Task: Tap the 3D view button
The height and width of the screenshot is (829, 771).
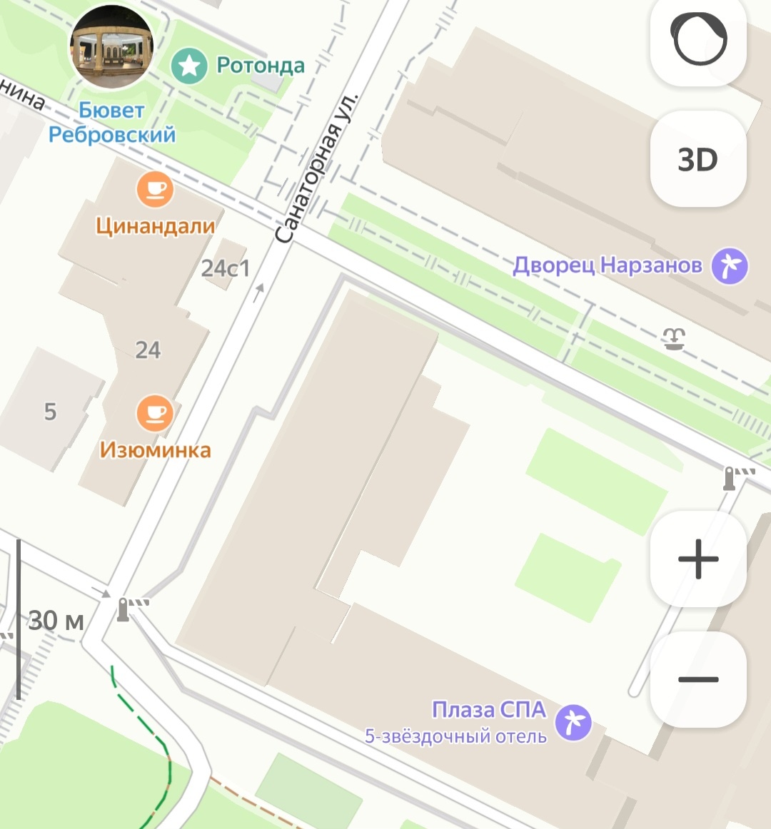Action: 697,159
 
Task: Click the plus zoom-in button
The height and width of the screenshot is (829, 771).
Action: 697,558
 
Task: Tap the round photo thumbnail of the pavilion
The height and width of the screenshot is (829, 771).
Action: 111,47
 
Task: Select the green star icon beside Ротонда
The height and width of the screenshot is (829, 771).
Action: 189,67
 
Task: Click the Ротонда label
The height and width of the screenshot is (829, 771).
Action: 261,66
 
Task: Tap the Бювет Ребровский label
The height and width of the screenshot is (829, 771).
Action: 112,123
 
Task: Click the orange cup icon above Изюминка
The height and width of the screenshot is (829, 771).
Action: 155,413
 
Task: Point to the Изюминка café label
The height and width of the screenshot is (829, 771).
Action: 155,450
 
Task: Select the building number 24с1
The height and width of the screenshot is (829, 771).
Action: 226,268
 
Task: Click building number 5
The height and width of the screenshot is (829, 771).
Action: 50,412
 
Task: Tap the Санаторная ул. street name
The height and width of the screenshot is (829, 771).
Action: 316,168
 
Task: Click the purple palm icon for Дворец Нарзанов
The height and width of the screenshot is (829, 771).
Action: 730,266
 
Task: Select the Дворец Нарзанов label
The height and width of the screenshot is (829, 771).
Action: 608,266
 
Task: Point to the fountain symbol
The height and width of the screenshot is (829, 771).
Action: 673,338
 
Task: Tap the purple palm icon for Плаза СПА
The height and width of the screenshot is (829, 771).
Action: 574,721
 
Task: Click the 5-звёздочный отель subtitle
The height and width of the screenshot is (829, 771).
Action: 455,736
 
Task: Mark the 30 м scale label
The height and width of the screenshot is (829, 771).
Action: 56,621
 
